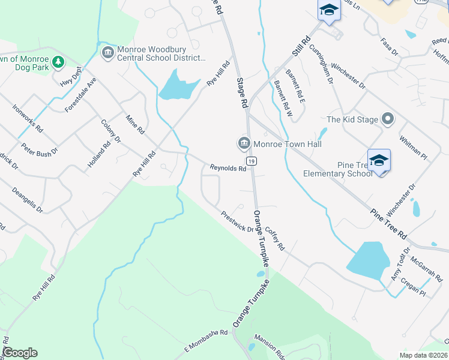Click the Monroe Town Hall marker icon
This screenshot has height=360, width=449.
tap(244, 143)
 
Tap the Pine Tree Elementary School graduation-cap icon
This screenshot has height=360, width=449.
tap(378, 160)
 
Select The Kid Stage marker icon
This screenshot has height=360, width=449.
tap(388, 119)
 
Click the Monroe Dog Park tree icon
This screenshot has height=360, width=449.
tap(58, 62)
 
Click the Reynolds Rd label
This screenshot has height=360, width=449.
tap(228, 169)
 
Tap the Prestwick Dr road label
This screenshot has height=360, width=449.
tap(238, 221)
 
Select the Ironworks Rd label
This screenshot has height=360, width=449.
tap(28, 118)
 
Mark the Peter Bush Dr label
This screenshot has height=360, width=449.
tap(40, 149)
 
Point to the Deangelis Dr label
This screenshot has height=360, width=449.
tap(28, 199)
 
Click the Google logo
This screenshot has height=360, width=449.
tap(20, 352)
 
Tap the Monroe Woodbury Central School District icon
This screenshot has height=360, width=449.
tap(107, 53)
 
